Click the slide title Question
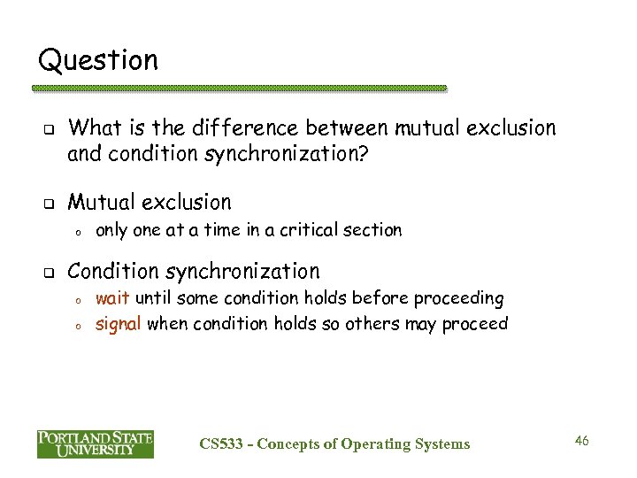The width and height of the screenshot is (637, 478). coord(98,61)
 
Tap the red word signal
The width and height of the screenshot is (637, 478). coord(119,323)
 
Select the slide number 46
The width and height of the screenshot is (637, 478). coord(581,440)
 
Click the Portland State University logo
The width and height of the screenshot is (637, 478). coord(96,444)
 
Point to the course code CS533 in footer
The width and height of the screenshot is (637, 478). coord(221,443)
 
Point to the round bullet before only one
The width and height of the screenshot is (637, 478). coord(79,232)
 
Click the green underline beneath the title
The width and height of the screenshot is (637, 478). coord(240,89)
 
